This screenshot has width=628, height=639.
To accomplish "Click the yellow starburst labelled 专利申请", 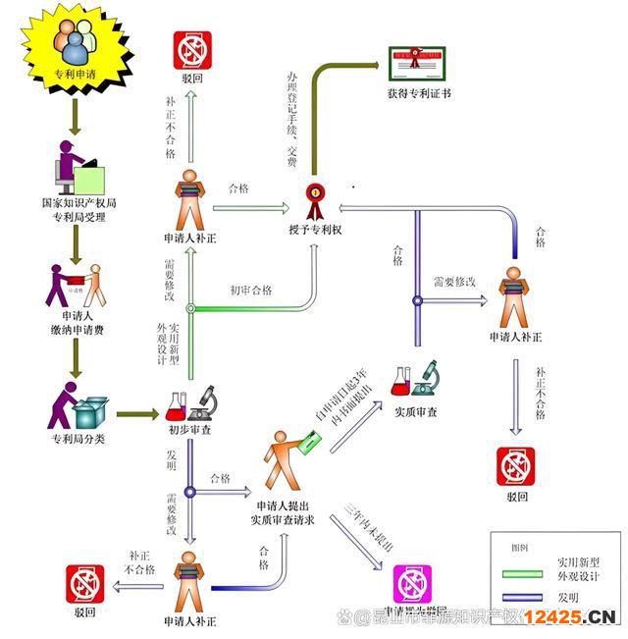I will pos(76,50).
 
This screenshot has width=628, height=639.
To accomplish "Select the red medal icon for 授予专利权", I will pos(315,200).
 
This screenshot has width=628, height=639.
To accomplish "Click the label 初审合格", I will pos(251,291).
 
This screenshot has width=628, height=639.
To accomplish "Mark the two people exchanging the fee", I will pos(76,286).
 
